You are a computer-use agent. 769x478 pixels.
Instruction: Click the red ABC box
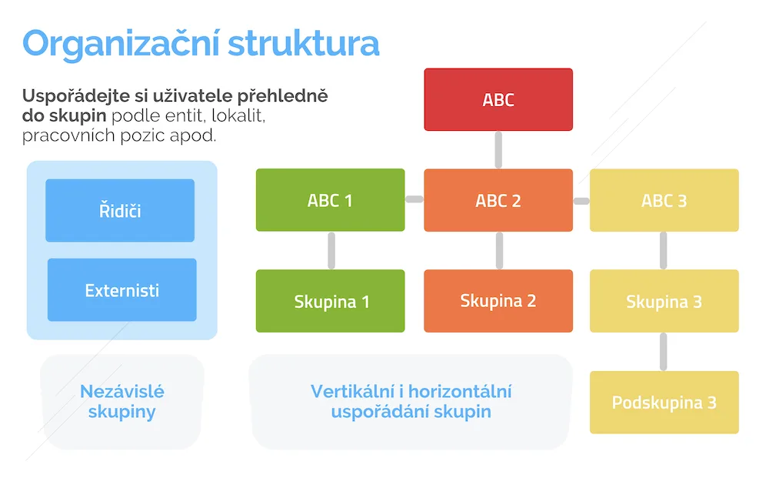coord(498,99)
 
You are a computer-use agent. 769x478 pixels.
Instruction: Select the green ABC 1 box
coord(331,199)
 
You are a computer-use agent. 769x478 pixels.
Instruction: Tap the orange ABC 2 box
coord(498,200)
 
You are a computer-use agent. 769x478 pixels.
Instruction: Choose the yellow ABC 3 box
coord(664,200)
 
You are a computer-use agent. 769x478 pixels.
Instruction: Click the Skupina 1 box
coord(331,301)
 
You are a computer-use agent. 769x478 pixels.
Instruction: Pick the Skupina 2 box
coord(498,301)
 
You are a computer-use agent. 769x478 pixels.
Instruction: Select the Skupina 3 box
coord(664,301)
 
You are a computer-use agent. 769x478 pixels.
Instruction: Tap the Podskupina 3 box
coord(664,403)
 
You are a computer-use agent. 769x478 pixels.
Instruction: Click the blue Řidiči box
coord(120,211)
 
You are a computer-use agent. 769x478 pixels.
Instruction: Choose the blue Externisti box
coord(122,290)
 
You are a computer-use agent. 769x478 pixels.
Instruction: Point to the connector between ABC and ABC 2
coord(498,149)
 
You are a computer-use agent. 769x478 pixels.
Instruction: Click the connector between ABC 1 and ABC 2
coord(414,199)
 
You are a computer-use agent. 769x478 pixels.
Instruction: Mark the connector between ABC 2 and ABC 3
coord(581,201)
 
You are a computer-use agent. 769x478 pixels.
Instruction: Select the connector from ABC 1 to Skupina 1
coord(331,250)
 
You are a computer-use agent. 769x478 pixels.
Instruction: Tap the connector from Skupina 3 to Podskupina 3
coord(663,352)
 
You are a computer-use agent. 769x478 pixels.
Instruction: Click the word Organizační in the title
coord(121,44)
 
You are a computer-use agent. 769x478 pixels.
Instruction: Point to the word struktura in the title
coord(304,44)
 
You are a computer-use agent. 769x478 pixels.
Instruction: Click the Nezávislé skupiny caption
coord(122,402)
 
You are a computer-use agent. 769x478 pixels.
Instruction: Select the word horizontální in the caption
coord(460,392)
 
